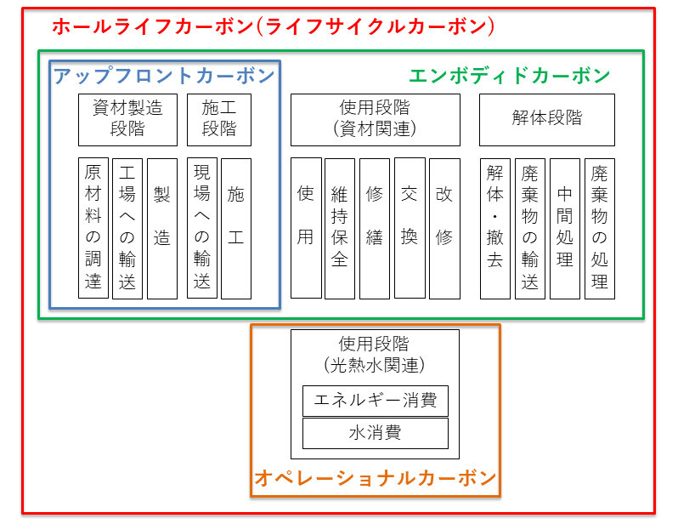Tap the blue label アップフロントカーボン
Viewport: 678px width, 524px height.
[164, 76]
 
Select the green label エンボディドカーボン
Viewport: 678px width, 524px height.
[510, 76]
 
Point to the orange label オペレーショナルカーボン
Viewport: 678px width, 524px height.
[376, 478]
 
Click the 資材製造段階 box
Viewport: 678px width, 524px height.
[127, 120]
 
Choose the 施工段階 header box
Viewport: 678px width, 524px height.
[219, 120]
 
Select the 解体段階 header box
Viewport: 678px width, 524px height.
[546, 120]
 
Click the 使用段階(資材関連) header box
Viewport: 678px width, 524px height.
[376, 120]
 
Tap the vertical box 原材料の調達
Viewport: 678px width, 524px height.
[93, 228]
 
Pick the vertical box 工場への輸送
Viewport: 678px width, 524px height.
[127, 228]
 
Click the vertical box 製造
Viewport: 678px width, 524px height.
[162, 228]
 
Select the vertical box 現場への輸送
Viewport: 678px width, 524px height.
[202, 228]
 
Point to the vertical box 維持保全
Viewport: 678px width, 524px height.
[340, 228]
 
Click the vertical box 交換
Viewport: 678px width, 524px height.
[410, 228]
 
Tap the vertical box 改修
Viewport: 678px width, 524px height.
[444, 228]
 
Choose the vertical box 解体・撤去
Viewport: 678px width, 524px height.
[495, 228]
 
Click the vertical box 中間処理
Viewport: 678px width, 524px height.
[565, 228]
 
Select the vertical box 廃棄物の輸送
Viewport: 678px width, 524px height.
[529, 228]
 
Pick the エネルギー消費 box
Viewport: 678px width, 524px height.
[376, 401]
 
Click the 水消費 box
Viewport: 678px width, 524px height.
[376, 433]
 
